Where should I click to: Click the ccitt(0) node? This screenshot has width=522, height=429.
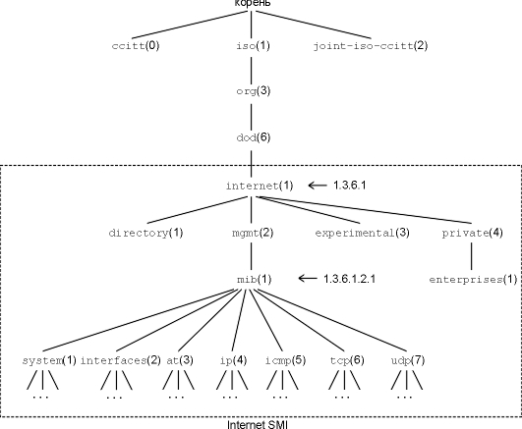(136, 45)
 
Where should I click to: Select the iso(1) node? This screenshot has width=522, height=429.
(253, 45)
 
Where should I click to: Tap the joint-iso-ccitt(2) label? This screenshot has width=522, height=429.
(371, 45)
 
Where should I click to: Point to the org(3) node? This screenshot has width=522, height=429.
(254, 91)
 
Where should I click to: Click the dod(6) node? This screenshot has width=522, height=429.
(254, 137)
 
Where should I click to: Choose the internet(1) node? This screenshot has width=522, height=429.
(260, 186)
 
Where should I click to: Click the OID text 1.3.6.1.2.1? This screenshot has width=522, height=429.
(350, 279)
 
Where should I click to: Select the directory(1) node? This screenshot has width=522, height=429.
(145, 233)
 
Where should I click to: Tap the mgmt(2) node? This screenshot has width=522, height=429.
(253, 233)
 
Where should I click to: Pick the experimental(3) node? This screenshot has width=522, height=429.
(362, 233)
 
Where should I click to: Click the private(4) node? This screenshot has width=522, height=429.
(472, 234)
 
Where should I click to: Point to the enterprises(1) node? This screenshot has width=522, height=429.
(474, 280)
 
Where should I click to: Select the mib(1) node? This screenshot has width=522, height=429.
(255, 280)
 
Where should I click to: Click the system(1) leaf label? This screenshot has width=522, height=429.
(49, 360)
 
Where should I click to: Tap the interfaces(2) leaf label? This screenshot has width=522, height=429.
(121, 360)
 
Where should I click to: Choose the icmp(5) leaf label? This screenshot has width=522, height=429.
(286, 360)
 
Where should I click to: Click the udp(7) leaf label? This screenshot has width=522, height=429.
(408, 360)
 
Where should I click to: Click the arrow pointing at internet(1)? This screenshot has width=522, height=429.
(318, 186)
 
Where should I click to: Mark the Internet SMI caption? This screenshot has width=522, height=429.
(257, 425)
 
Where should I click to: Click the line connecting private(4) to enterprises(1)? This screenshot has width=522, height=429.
(472, 256)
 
